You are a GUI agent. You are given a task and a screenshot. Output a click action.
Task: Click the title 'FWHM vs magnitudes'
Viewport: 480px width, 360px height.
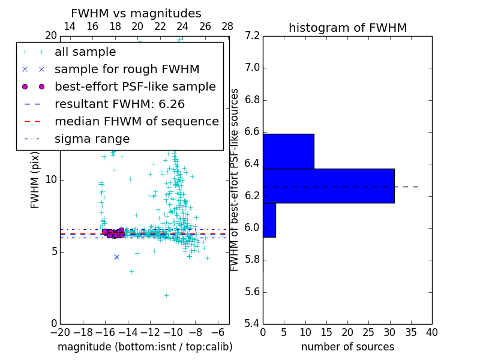point(136,14)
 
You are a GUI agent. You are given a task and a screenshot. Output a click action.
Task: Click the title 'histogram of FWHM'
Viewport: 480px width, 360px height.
point(347,28)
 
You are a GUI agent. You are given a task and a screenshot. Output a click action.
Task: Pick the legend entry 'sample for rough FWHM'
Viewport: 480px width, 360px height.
point(127,69)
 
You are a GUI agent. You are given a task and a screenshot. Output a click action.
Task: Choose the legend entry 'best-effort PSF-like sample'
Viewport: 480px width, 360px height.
point(135,86)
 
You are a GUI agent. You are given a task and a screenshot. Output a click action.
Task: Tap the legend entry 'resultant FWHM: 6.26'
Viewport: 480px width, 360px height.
point(126,104)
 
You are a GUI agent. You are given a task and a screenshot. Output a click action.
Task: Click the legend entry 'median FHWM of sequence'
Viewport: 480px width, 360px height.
point(136,121)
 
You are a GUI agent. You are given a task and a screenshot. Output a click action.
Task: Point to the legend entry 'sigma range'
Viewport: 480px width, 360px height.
point(92,139)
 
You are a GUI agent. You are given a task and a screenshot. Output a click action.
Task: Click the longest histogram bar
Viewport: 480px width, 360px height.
point(328,185)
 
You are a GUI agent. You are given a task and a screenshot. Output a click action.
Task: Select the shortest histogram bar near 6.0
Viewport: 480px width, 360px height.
point(269,220)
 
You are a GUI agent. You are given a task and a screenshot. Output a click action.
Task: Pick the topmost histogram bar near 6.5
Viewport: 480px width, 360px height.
point(288,151)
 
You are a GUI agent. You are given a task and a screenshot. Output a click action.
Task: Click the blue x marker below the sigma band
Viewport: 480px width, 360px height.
point(116,257)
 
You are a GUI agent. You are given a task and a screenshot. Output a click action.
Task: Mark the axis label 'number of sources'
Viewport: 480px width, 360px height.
point(347,347)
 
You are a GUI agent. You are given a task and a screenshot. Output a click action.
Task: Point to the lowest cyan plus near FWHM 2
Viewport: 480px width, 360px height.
point(166,295)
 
